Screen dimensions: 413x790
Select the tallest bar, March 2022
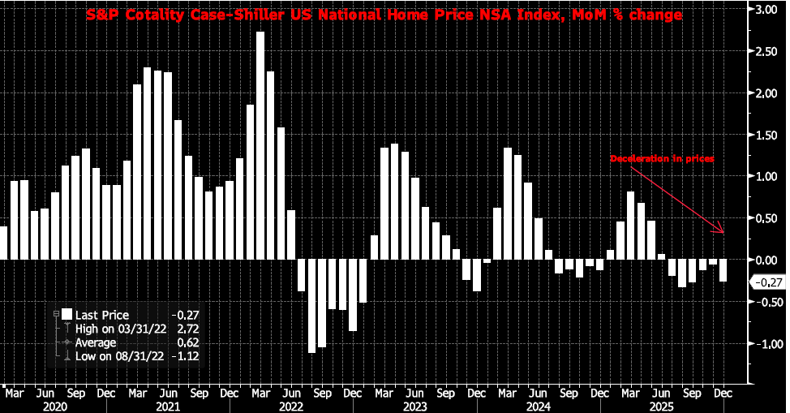tap(260, 146)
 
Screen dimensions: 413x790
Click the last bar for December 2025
tap(723, 270)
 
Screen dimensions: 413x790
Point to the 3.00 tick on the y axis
tap(766, 10)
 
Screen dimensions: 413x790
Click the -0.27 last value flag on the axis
tap(767, 282)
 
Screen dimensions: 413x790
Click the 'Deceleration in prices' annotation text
tap(662, 159)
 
